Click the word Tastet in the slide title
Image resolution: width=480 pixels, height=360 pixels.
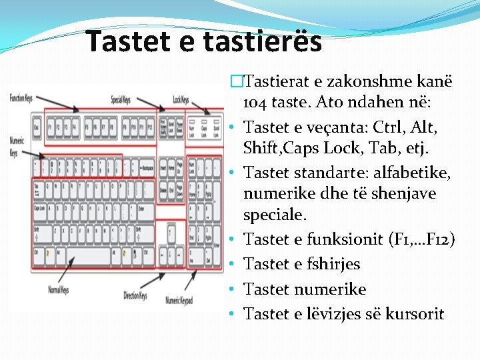pos(124,42)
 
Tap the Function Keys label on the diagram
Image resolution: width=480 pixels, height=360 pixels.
pos(21,99)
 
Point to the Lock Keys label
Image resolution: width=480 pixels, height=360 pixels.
pos(181,99)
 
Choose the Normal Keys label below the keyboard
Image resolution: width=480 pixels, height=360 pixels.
pos(57,290)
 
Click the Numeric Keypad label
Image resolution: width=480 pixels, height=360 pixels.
pos(179,301)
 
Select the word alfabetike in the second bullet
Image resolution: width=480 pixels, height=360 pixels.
pos(414,173)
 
